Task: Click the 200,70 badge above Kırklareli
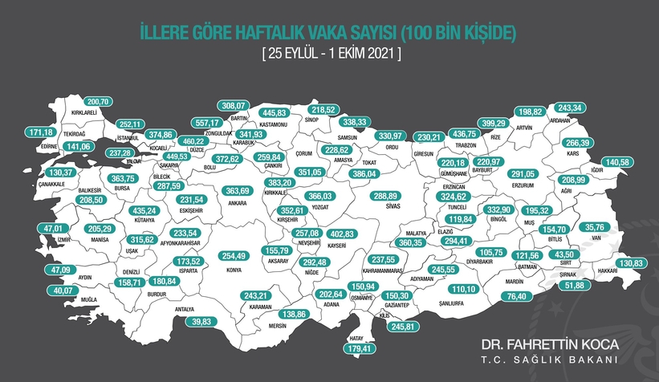pos(103,103)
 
